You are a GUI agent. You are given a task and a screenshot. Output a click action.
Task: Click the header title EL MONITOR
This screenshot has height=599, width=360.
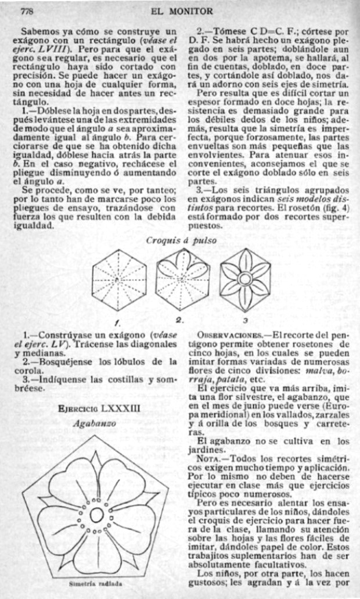[x=181, y=11]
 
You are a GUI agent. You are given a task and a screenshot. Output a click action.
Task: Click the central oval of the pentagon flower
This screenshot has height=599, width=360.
[x=97, y=515]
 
